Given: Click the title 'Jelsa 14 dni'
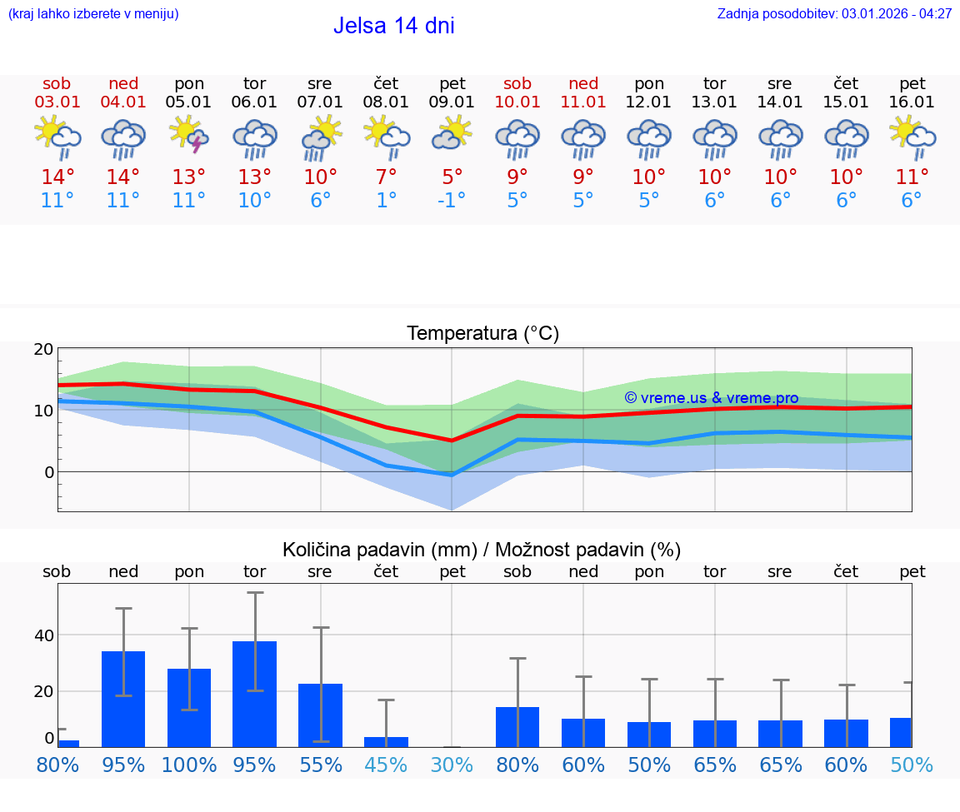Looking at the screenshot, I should click(393, 26).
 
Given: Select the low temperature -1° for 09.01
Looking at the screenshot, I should click(452, 201).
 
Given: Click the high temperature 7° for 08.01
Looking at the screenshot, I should click(386, 177).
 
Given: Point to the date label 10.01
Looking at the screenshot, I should click(517, 102).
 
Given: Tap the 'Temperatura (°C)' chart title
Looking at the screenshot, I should click(482, 334).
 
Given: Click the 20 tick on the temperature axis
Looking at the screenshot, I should click(43, 349).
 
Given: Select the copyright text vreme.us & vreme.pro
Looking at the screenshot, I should click(711, 398).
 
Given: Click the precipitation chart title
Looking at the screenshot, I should click(482, 550).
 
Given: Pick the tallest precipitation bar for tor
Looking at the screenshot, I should click(254, 694).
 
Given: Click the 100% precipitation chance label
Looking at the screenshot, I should click(189, 765).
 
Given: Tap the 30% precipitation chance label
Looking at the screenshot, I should click(452, 765).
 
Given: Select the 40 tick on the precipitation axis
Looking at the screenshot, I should click(43, 635).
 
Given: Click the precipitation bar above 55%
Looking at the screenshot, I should click(320, 715).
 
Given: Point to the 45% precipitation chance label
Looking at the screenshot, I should click(386, 765).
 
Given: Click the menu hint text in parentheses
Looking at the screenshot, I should click(93, 14).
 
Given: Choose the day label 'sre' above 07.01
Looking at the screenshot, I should click(320, 83).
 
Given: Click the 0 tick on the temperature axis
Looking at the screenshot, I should click(48, 472).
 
